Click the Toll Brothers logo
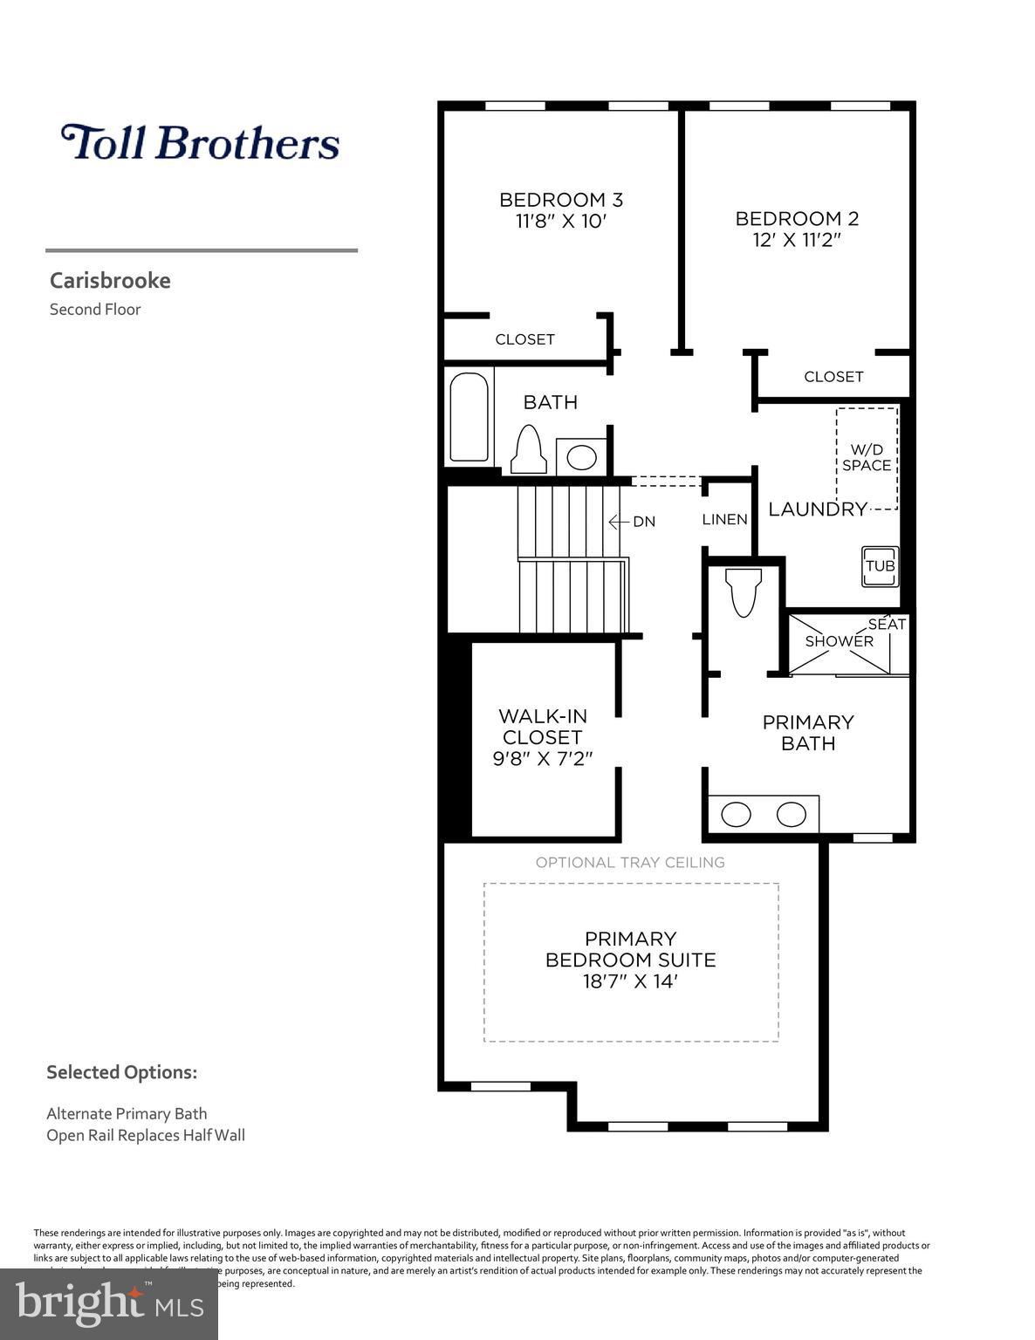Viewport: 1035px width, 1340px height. point(200,143)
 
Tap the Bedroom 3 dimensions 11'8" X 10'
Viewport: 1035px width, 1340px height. point(560,222)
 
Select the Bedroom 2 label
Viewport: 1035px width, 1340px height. point(797,219)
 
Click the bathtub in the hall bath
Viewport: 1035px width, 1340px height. point(469,418)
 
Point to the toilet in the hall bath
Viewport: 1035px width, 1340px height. point(528,449)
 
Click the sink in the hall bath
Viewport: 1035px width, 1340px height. point(581,456)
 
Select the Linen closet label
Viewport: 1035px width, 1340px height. point(724,520)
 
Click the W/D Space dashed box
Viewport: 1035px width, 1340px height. point(867,458)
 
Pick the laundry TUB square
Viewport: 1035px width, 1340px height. point(880,565)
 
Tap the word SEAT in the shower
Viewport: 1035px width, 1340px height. point(887,625)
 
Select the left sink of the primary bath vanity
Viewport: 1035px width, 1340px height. point(737,815)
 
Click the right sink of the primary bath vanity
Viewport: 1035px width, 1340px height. point(792,815)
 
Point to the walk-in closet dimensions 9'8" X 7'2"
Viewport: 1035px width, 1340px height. point(543,759)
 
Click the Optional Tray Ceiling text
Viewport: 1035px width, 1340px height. point(630,863)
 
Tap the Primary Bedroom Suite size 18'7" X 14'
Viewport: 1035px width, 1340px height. point(630,981)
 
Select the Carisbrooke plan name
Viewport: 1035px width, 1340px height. point(110,281)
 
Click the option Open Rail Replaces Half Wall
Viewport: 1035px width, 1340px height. point(146,1135)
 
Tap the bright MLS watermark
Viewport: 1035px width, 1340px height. point(109,1303)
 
